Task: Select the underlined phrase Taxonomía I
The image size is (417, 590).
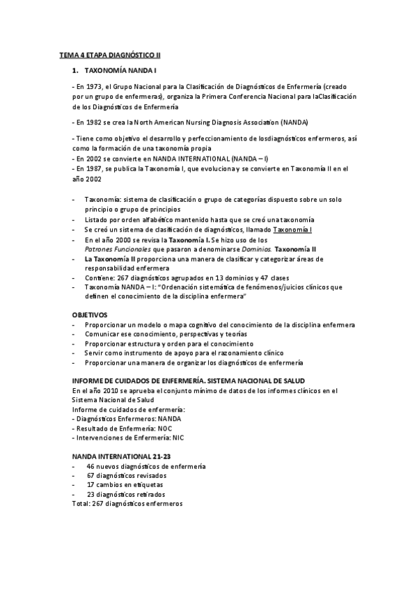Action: (x=292, y=230)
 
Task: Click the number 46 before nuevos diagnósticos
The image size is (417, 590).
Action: (x=91, y=465)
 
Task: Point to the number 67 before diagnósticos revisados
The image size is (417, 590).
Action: (x=91, y=475)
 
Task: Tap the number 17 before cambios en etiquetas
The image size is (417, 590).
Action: (x=91, y=484)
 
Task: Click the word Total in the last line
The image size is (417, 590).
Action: (x=80, y=503)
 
